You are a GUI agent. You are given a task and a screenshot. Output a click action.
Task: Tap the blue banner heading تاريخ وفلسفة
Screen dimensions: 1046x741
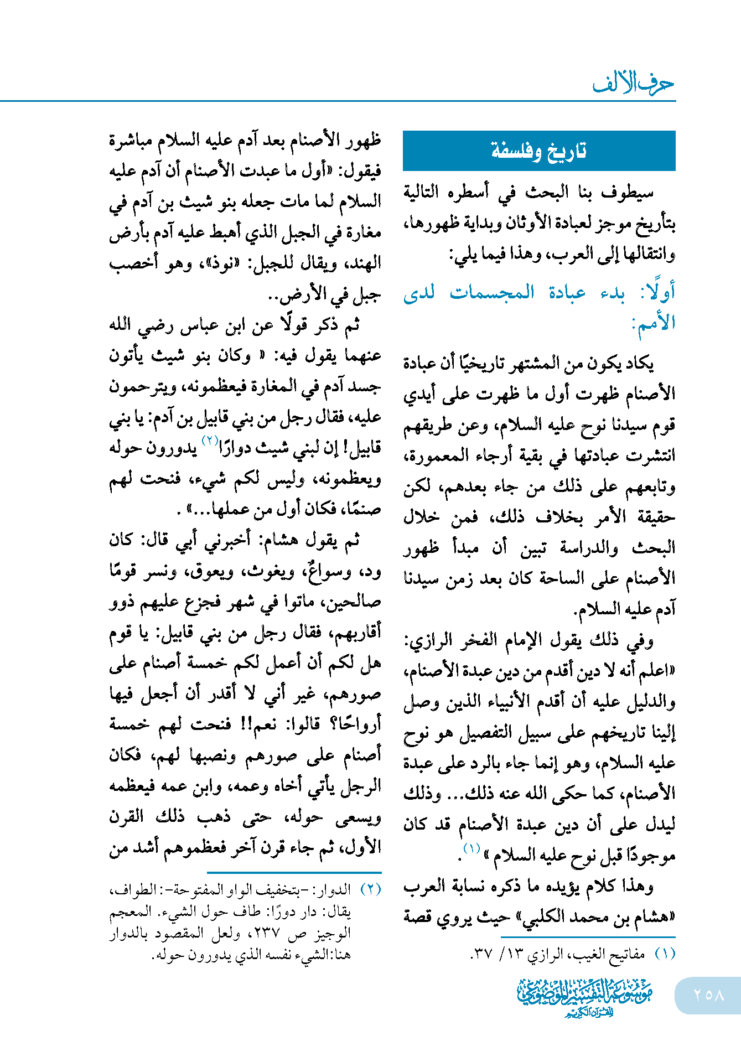point(538,151)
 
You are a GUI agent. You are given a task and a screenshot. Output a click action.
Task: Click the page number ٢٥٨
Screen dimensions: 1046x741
point(709,995)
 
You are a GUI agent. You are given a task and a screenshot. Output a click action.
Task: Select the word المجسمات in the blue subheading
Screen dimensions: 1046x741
point(492,292)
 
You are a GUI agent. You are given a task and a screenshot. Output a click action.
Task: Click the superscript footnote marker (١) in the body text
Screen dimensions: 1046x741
point(471,848)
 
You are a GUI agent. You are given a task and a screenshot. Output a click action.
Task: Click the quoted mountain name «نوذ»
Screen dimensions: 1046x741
point(229,263)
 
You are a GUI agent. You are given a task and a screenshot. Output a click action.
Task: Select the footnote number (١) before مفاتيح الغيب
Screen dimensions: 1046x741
point(665,954)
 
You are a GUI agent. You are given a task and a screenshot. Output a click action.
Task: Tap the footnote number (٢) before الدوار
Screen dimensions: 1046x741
point(371,889)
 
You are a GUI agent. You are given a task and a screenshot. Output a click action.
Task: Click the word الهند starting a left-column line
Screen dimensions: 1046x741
point(364,263)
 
